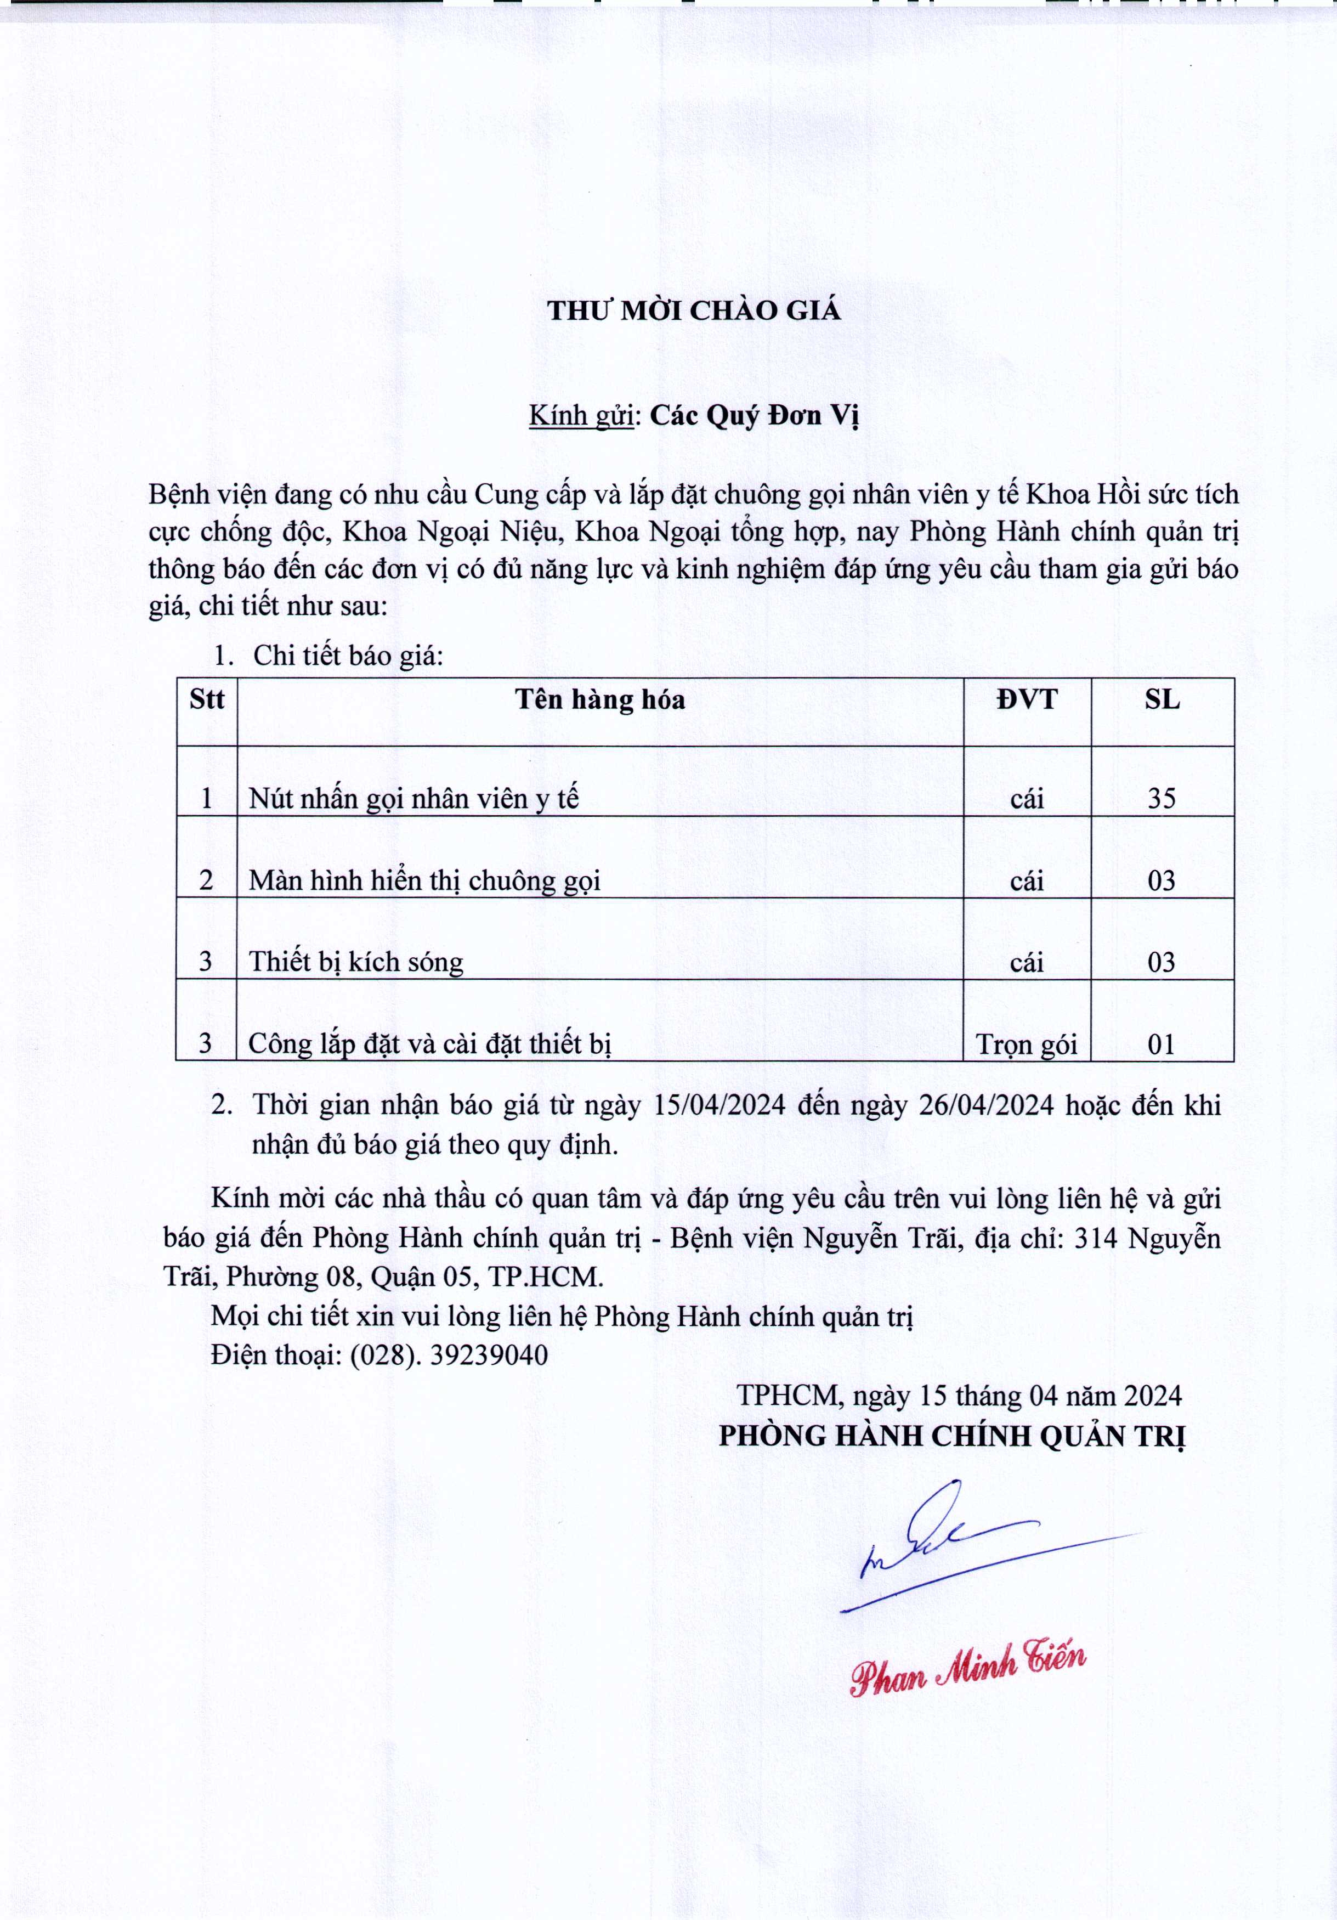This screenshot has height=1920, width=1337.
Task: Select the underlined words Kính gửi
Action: tap(581, 416)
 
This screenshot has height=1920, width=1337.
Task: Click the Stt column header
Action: tap(207, 699)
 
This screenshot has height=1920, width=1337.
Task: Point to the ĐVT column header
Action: tap(1026, 699)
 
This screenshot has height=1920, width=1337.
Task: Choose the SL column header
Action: tap(1162, 699)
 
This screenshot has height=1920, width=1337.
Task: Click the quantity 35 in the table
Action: tap(1162, 799)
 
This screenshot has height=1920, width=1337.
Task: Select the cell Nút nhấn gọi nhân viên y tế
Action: tap(414, 799)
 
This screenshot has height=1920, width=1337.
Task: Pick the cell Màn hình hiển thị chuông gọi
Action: tap(425, 880)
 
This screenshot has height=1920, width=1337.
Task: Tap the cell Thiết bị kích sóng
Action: tap(356, 963)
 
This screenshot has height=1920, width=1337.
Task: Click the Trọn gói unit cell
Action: tap(1026, 1044)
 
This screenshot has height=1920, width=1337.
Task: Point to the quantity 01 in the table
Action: tap(1162, 1044)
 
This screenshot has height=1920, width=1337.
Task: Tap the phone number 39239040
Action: tap(489, 1355)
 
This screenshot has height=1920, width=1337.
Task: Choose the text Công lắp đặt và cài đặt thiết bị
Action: tap(430, 1044)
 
